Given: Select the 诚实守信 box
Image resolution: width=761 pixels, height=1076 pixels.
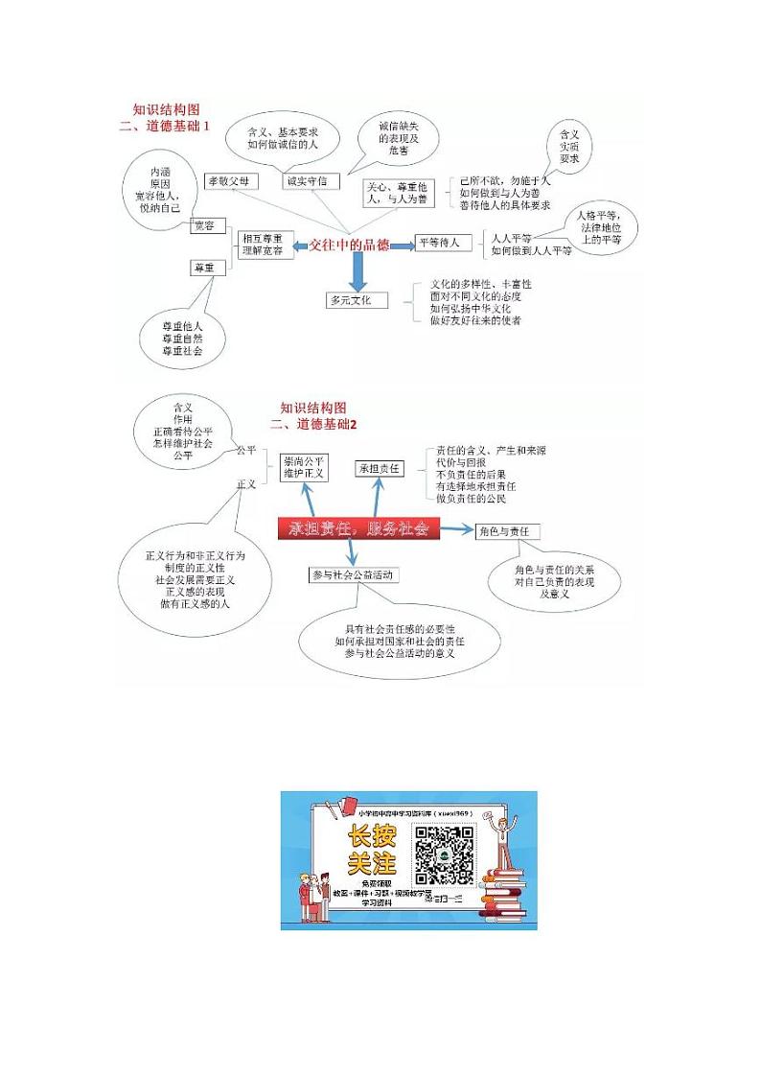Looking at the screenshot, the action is (x=311, y=181).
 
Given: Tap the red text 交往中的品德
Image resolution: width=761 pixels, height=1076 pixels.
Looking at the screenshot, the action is (x=349, y=245).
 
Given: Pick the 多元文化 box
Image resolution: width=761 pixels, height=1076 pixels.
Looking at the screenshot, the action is (x=357, y=300).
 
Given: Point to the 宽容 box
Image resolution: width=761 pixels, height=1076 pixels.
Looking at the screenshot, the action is (x=204, y=226).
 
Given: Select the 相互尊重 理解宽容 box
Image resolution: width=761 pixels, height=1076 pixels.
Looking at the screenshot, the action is (x=263, y=244).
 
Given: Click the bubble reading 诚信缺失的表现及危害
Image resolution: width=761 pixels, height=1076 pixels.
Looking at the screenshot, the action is (x=398, y=139).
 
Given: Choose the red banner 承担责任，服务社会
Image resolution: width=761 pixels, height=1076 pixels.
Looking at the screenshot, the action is (x=354, y=528).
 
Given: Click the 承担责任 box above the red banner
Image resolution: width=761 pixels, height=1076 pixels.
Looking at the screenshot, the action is (x=380, y=468).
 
